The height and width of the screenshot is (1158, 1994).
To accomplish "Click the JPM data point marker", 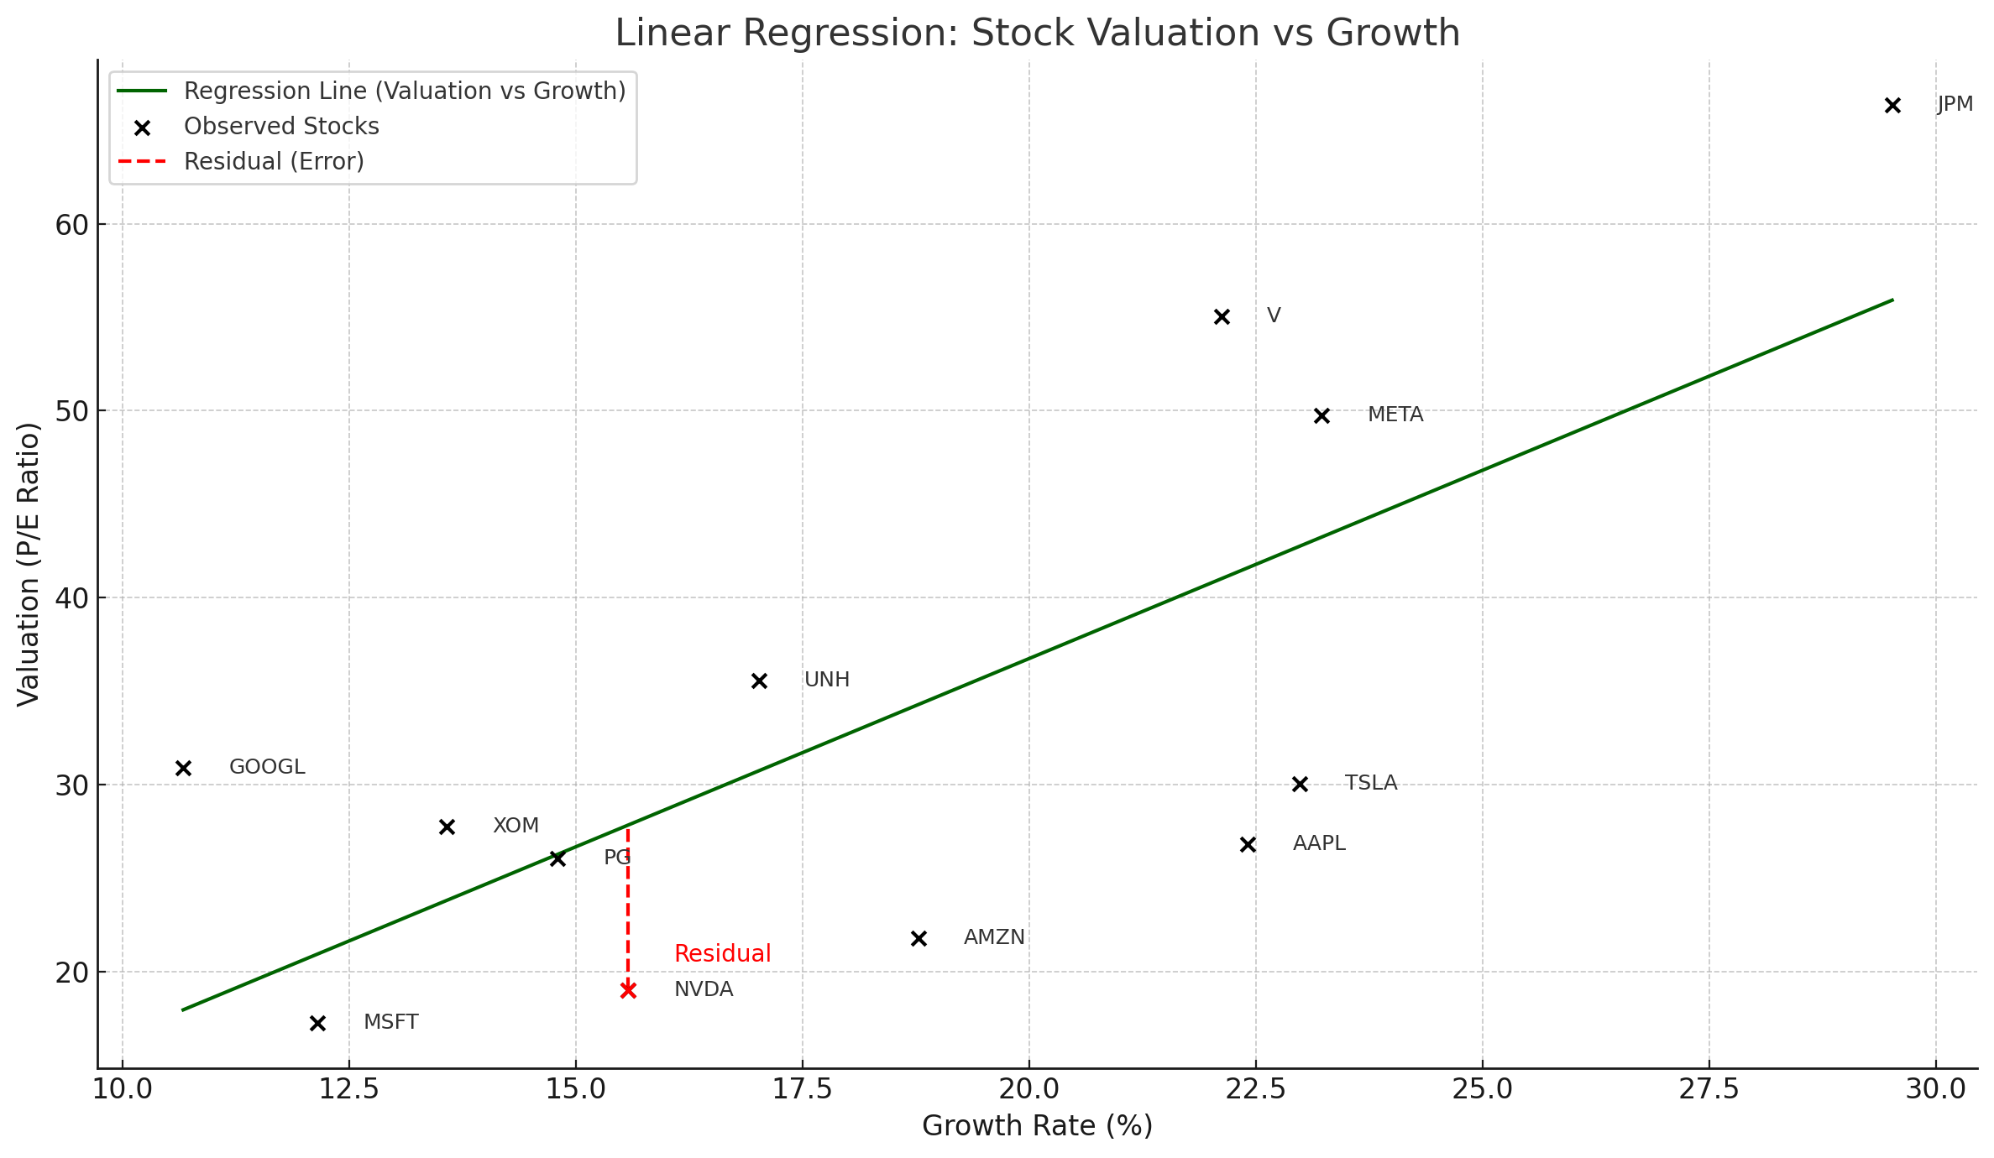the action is (1892, 106).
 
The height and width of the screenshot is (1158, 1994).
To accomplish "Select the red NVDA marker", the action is (628, 990).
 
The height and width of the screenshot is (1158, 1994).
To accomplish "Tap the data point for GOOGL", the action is (184, 768).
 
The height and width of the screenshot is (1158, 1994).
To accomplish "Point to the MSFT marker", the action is (317, 1023).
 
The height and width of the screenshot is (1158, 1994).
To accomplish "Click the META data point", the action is (1321, 415).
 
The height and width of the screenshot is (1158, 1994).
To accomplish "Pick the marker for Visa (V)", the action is (1222, 316).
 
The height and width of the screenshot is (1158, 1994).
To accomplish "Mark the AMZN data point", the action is (918, 938).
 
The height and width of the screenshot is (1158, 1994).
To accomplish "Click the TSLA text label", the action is (1371, 783).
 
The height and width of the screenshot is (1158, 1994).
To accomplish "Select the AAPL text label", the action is (1319, 843).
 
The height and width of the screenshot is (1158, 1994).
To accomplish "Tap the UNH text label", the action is (827, 680).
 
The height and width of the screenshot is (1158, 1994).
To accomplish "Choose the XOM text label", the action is (516, 826).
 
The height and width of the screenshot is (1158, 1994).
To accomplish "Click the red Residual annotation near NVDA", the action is (722, 953).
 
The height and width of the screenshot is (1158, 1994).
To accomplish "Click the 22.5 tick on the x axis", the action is (1255, 1089).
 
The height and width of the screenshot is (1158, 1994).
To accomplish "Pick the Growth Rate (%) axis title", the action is (1037, 1126).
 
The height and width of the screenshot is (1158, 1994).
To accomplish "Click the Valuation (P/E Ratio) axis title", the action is (29, 564).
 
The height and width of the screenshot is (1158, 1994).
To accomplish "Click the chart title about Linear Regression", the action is (1037, 33).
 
